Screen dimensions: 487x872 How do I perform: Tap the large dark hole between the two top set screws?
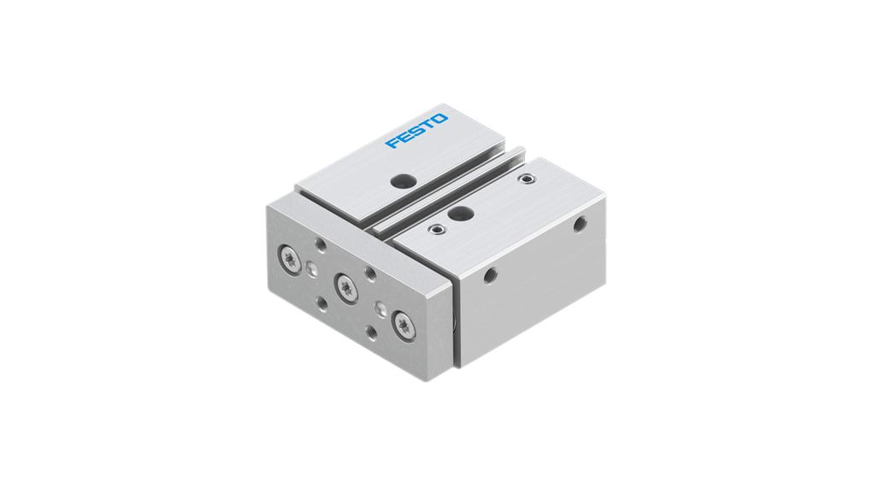462,213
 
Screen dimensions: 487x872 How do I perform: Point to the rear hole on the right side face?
580,224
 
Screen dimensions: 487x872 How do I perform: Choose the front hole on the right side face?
490,275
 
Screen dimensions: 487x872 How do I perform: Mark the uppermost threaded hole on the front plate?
321,245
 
